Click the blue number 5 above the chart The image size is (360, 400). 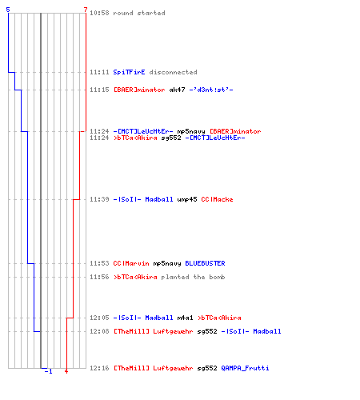click(x=8, y=10)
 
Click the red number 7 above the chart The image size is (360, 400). click(x=85, y=10)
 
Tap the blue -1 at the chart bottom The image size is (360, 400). click(x=49, y=371)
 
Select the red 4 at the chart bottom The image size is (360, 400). click(x=66, y=371)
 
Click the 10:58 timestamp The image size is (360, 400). click(x=99, y=13)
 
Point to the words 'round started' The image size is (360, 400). click(x=139, y=13)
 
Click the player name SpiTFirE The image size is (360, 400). click(x=129, y=72)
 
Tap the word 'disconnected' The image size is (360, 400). click(x=173, y=72)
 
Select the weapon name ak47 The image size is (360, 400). click(x=177, y=90)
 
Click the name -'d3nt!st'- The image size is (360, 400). click(x=211, y=90)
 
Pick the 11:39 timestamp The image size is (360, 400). click(x=99, y=199)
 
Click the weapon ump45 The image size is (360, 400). click(x=187, y=199)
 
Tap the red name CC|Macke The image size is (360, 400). click(x=217, y=199)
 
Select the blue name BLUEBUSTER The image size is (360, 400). click(x=205, y=263)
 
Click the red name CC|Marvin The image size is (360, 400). click(x=131, y=263)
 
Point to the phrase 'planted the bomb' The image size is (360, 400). click(x=193, y=277)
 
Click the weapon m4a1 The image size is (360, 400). click(x=185, y=318)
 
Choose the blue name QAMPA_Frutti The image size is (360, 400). click(x=245, y=368)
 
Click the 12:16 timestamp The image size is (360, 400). click(x=99, y=368)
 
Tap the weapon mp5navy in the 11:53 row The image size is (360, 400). click(x=167, y=263)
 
